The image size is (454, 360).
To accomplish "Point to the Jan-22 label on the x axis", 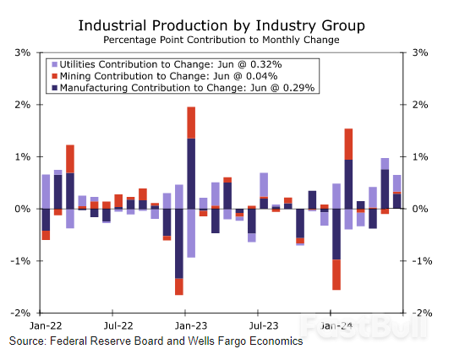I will [x=46, y=325].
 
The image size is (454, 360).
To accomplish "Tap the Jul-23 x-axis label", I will [x=264, y=325].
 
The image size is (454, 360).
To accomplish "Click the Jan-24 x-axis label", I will [x=336, y=325].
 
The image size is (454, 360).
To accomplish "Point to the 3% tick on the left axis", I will [x=23, y=52].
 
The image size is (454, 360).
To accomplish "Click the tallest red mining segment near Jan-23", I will [x=191, y=123].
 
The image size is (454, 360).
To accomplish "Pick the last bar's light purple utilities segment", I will [x=397, y=183].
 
